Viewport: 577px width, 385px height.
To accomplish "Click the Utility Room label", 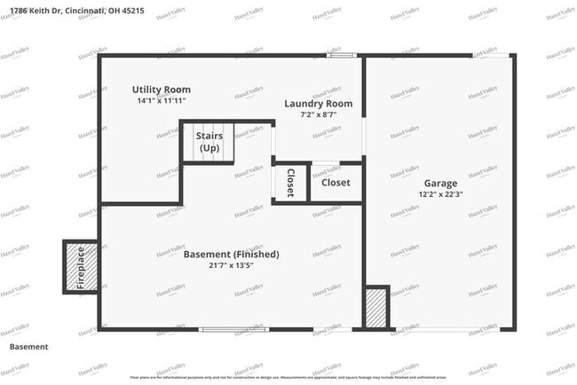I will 162,90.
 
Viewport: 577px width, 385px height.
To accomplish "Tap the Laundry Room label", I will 318,104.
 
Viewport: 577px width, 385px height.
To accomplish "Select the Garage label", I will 440,183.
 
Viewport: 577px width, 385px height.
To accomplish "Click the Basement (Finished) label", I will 231,255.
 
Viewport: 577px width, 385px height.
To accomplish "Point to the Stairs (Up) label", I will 209,141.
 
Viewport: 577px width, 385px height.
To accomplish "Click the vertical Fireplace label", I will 81,267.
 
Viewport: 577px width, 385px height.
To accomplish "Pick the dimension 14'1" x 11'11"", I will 162,101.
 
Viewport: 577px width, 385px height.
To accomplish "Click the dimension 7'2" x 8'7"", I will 318,115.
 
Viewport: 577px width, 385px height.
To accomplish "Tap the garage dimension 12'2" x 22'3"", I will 440,194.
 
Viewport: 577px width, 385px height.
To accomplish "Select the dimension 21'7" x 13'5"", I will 231,265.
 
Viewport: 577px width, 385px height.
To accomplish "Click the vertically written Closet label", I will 290,183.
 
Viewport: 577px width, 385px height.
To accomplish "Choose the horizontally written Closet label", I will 336,183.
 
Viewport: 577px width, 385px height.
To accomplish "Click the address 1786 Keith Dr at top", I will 34,11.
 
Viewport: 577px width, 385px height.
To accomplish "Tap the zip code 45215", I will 131,11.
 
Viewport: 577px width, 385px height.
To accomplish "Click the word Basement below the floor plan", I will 29,347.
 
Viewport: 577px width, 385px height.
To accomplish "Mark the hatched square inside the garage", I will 376,307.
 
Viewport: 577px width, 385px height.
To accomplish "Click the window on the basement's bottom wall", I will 234,329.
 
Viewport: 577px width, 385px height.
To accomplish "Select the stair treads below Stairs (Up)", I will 209,154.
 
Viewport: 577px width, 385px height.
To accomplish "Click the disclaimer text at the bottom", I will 288,377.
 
